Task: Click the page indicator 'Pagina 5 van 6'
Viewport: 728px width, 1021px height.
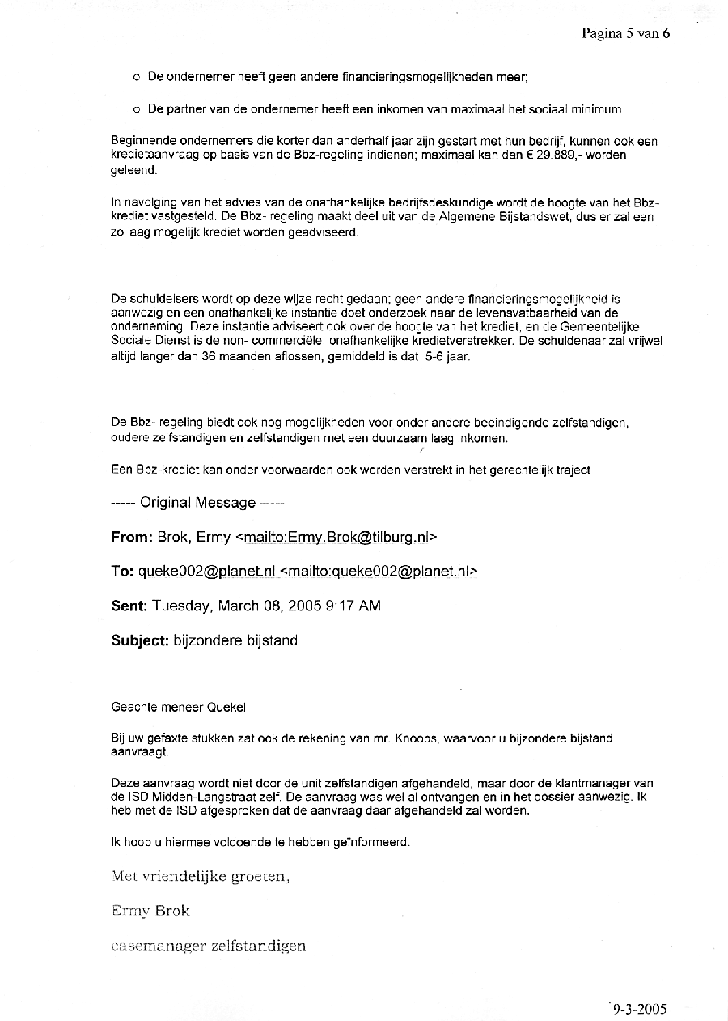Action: click(x=625, y=33)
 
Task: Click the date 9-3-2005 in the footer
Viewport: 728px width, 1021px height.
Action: click(x=639, y=1008)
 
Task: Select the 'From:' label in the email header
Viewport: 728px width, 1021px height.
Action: click(x=131, y=537)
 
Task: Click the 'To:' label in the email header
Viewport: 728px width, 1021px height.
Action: click(x=122, y=572)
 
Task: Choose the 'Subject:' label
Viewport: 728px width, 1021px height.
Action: click(x=139, y=640)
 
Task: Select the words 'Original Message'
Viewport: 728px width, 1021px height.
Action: click(x=197, y=503)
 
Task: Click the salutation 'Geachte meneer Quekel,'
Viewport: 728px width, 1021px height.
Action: click(x=180, y=707)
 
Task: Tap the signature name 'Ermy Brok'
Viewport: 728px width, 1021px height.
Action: click(x=150, y=910)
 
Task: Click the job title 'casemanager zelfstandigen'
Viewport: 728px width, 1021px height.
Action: click(x=208, y=945)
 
